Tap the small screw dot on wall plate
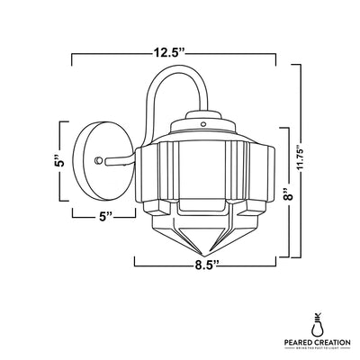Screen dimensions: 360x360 pyautogui.click(x=97, y=159)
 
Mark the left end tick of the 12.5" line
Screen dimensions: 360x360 pyautogui.click(x=72, y=60)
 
